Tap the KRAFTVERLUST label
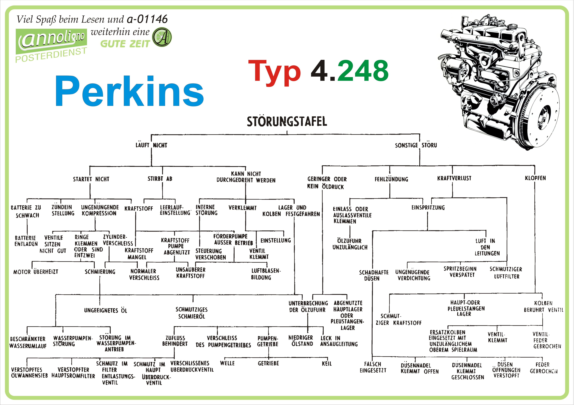[454, 178]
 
